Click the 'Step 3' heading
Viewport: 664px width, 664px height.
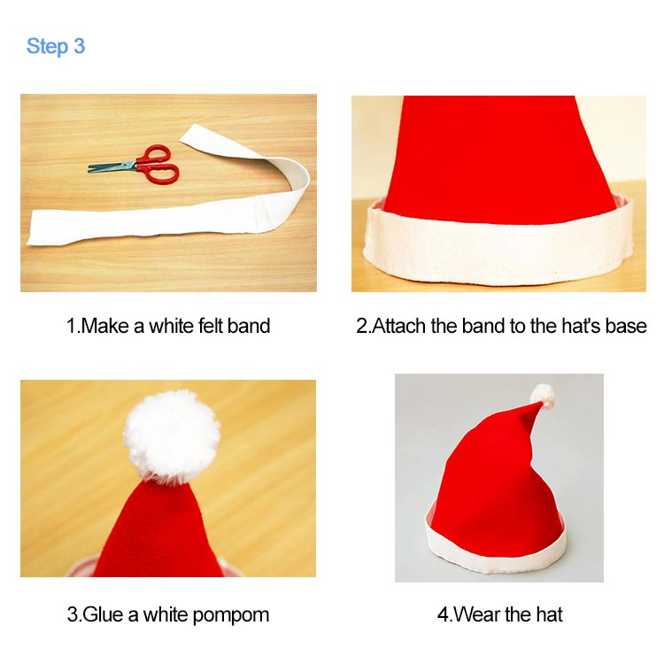coord(56,46)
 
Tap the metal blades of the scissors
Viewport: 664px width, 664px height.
coord(111,166)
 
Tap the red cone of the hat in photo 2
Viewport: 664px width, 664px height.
coord(499,151)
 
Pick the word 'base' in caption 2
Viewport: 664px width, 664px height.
coord(626,326)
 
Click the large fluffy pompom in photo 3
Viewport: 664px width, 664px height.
coord(171,435)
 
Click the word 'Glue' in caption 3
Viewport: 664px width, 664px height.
coord(104,614)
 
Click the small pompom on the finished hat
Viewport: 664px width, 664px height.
coord(542,395)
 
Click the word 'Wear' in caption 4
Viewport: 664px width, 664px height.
coord(475,614)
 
